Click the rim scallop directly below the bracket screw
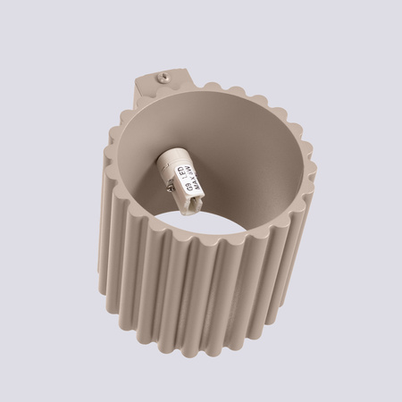pyautogui.click(x=164, y=96)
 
